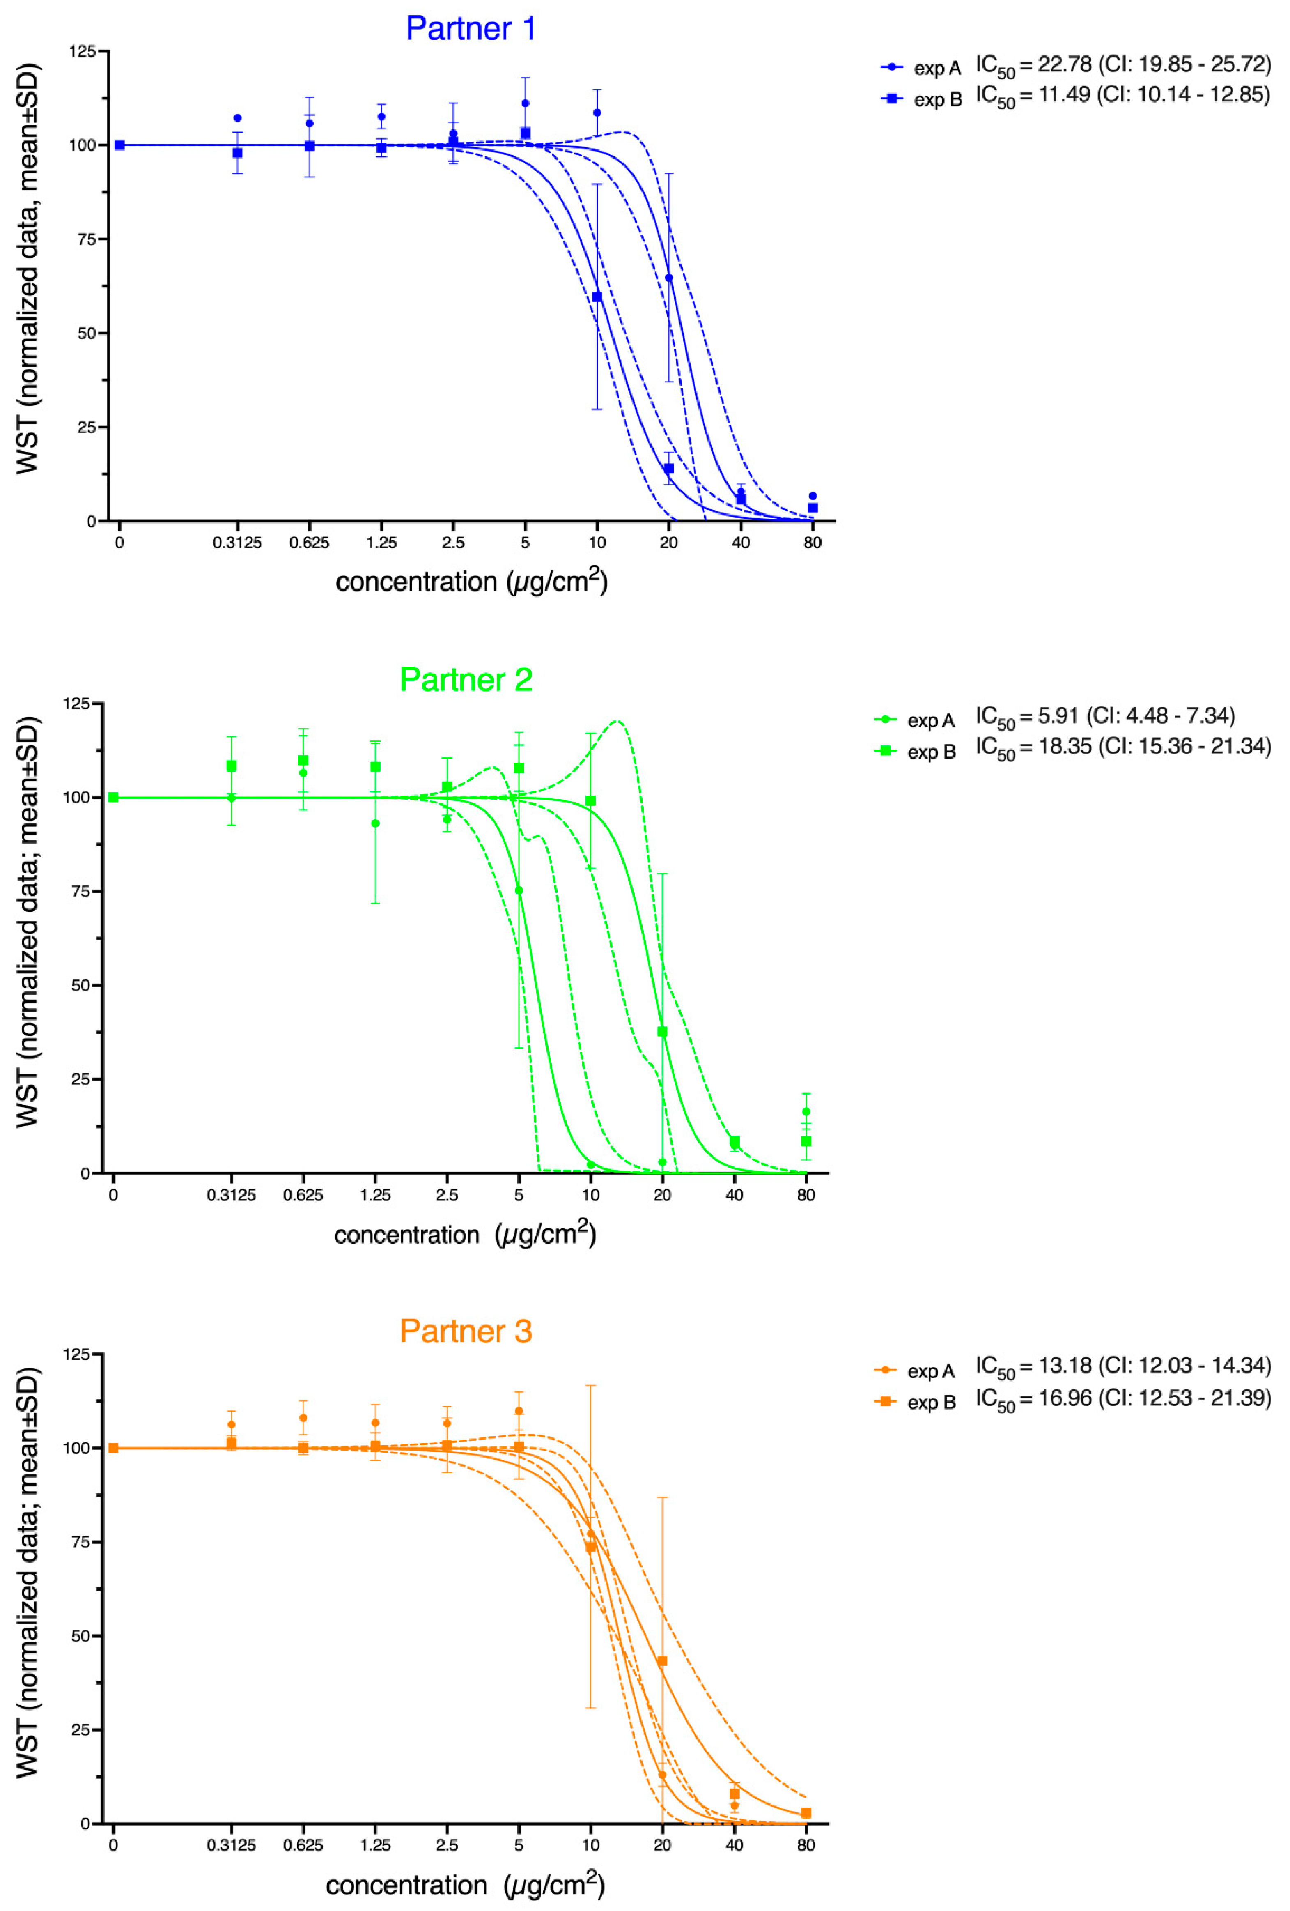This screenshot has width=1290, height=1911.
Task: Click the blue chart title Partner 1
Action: [x=470, y=29]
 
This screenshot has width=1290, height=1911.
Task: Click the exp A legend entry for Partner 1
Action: [x=921, y=67]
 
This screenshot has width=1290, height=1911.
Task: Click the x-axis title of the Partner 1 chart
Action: [x=471, y=582]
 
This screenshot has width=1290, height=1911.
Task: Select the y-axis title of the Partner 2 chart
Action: [x=27, y=921]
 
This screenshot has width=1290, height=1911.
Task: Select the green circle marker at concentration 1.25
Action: [x=376, y=823]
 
